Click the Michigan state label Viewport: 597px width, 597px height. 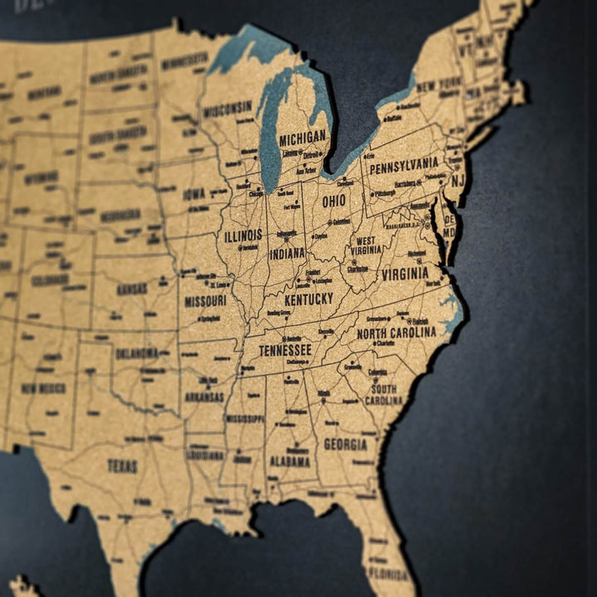click(303, 138)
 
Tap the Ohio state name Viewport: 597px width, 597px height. click(334, 201)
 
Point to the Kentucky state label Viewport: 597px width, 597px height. click(308, 298)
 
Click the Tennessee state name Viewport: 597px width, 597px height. click(284, 350)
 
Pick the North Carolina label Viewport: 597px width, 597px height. click(396, 332)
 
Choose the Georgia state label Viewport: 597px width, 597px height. click(345, 444)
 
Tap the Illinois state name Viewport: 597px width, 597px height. click(243, 235)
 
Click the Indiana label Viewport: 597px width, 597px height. click(287, 253)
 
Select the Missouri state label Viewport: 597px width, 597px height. click(205, 300)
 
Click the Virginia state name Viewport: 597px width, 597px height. click(405, 273)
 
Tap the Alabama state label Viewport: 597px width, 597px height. click(289, 461)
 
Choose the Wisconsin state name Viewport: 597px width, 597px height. click(227, 108)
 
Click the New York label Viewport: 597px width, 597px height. click(439, 85)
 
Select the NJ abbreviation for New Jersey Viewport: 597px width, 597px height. click(458, 180)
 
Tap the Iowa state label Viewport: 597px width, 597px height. click(194, 194)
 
